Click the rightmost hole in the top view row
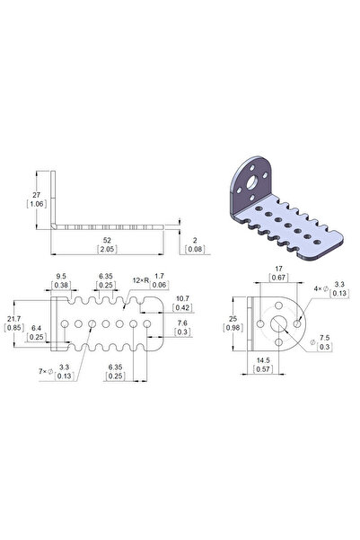tap(148, 321)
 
